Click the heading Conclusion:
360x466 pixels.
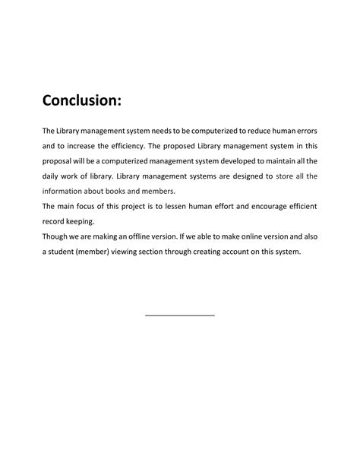(x=81, y=100)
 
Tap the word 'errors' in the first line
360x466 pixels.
(x=302, y=131)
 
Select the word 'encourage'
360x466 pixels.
(x=259, y=207)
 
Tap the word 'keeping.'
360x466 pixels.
(x=82, y=222)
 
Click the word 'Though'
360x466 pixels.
(x=56, y=237)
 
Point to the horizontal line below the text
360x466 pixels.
(x=179, y=315)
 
